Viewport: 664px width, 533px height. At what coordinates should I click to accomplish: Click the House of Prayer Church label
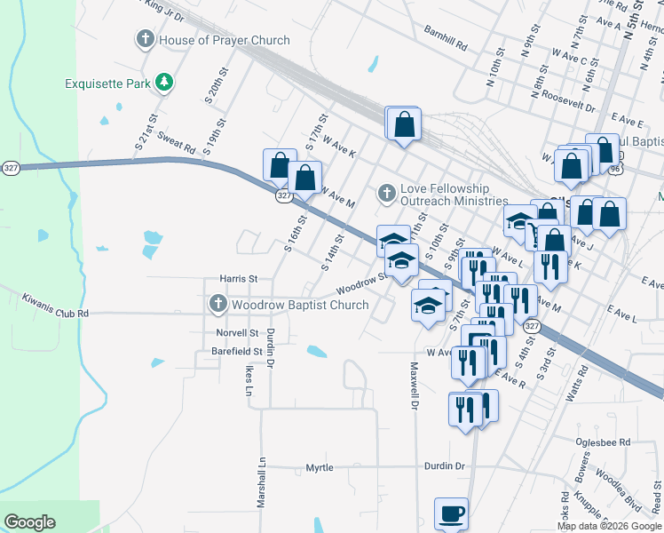[224, 40]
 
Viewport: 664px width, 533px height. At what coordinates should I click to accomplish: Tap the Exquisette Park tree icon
[164, 84]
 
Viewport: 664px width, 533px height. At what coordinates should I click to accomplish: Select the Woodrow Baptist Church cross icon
[217, 305]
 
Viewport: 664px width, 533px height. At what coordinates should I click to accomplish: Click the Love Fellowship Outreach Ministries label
[445, 195]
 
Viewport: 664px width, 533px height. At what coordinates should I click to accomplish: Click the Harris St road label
[239, 279]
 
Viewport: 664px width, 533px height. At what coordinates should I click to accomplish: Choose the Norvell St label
[236, 333]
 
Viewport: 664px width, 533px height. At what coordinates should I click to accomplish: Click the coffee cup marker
[451, 513]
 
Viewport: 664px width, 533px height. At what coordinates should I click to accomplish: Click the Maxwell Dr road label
[414, 386]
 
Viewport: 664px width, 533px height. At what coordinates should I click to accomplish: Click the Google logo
[30, 522]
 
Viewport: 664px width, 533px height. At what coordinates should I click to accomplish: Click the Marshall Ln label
[262, 483]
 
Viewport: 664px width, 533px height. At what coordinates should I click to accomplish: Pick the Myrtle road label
[320, 468]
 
